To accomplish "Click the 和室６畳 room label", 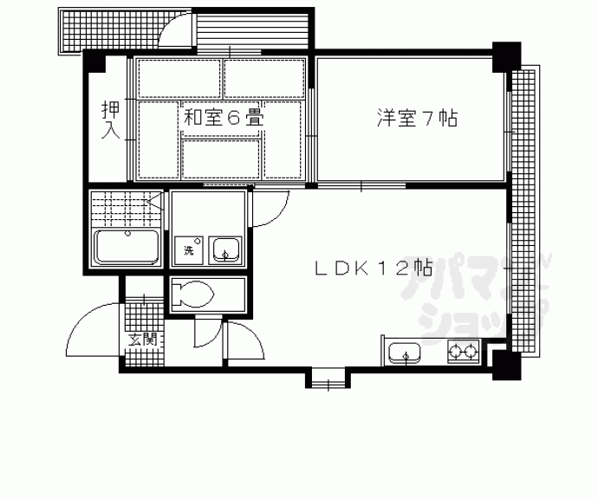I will point(223,117).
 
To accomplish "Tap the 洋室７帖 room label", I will point(417,119).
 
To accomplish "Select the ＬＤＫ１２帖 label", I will point(373,268).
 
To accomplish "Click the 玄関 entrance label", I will point(143,339).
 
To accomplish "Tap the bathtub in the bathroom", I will point(125,248).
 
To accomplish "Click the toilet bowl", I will point(192,294).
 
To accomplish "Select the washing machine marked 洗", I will point(187,252).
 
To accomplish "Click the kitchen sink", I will point(404,353).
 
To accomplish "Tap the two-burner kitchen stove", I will point(463,352).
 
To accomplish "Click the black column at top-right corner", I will point(505,57).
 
